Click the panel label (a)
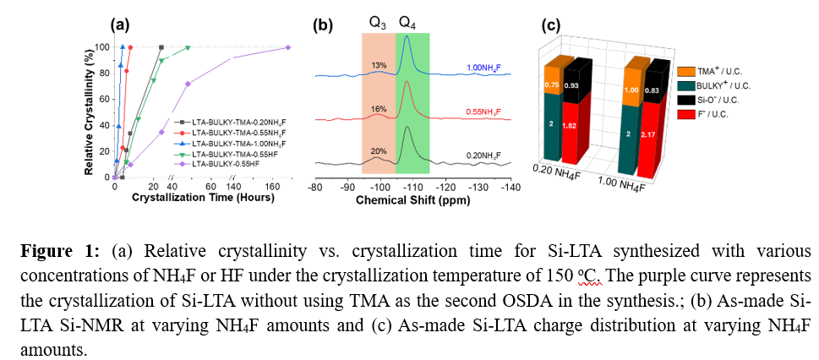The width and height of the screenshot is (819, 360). click(119, 25)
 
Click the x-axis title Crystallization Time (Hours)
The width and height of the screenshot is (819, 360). click(201, 197)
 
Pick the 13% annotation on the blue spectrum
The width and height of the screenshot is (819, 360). click(379, 65)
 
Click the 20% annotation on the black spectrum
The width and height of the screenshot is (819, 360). click(379, 150)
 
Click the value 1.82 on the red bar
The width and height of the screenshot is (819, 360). click(575, 126)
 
